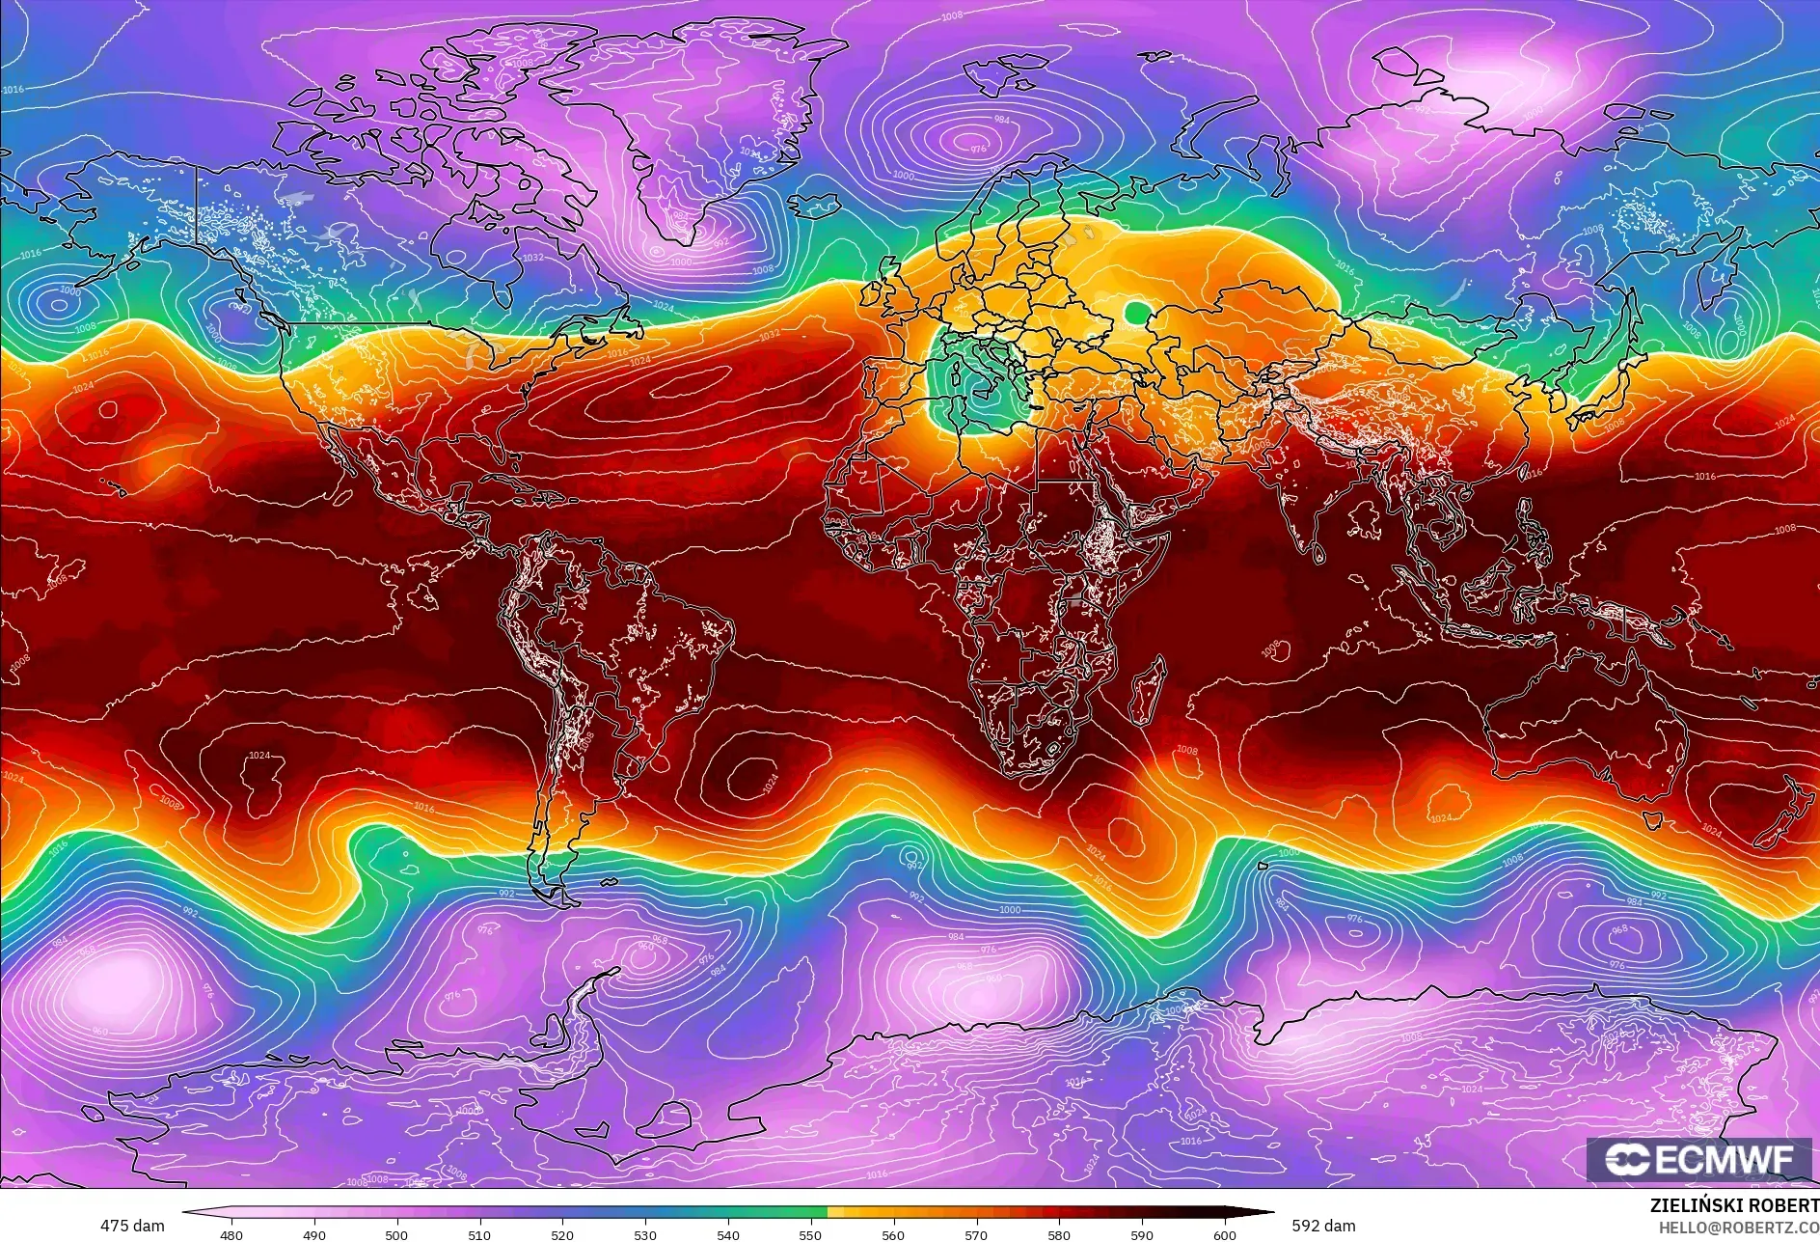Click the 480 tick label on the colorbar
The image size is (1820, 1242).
231,1234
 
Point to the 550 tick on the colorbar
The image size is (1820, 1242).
811,1234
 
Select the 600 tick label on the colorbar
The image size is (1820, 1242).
1225,1234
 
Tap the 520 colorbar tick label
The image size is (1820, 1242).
562,1234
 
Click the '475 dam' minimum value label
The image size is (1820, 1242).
132,1226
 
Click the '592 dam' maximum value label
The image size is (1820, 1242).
1323,1226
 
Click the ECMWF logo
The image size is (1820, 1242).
1698,1159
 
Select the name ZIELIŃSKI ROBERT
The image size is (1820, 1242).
1733,1205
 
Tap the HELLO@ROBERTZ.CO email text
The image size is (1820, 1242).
1738,1227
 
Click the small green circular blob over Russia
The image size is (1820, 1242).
1138,313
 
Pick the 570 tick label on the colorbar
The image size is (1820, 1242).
976,1234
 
